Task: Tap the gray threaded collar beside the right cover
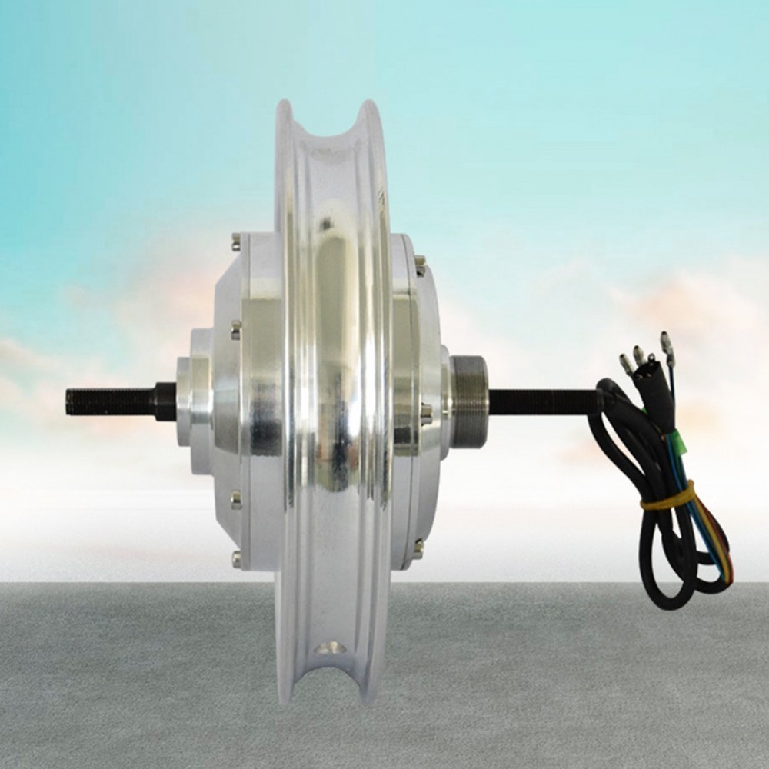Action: click(x=468, y=401)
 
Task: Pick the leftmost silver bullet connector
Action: click(x=626, y=364)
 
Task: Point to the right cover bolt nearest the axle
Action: click(x=424, y=415)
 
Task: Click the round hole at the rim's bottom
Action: click(x=331, y=647)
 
